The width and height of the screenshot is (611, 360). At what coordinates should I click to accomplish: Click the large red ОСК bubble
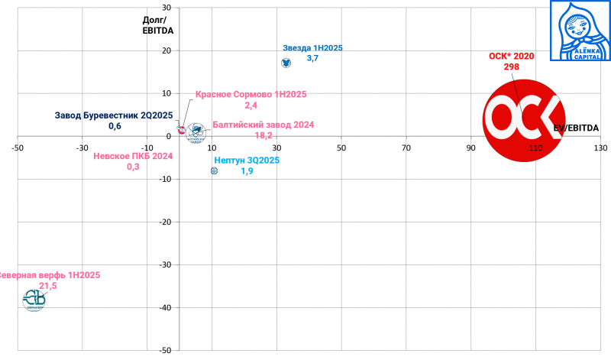(x=523, y=118)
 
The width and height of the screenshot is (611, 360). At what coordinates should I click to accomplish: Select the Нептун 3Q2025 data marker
(x=215, y=171)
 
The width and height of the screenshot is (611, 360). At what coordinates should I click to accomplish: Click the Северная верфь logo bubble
(x=34, y=299)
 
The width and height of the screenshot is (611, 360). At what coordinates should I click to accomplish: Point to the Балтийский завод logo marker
(x=197, y=131)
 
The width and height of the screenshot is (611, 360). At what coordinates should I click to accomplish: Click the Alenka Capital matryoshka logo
(x=580, y=31)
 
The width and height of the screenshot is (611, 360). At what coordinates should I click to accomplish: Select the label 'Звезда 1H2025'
(x=312, y=48)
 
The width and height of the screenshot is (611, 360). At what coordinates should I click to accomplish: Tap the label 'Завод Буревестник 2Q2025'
(x=115, y=116)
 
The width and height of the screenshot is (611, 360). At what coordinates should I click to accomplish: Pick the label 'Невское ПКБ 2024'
(x=133, y=156)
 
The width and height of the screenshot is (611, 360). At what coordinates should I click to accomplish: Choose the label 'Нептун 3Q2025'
(x=247, y=161)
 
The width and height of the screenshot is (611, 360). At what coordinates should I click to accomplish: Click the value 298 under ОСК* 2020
(x=511, y=67)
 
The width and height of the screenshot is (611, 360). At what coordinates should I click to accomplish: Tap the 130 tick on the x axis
(x=600, y=147)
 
